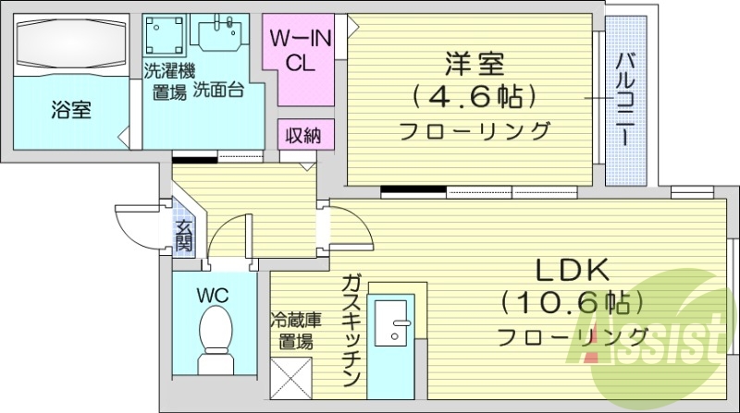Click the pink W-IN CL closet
(x=297, y=53)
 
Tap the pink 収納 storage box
(x=302, y=136)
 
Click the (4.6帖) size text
(x=474, y=96)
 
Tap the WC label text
(x=213, y=295)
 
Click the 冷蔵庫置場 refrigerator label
(x=295, y=330)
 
